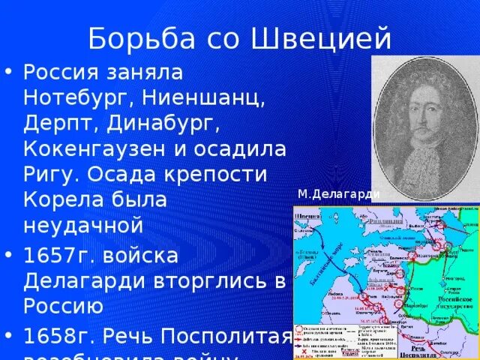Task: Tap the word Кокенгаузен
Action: coord(99,148)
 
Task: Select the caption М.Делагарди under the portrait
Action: coord(338,195)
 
